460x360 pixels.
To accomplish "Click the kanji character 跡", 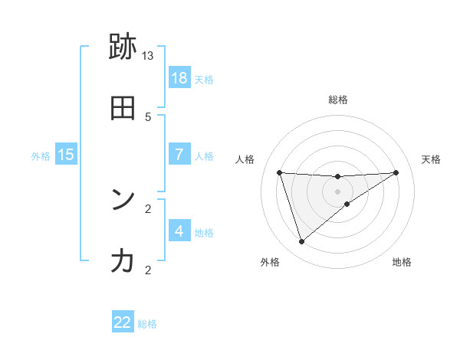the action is click(x=123, y=47).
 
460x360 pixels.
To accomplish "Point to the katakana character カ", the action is click(x=123, y=261).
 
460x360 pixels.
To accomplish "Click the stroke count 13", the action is click(x=148, y=56).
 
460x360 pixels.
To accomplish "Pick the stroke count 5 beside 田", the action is click(x=148, y=116).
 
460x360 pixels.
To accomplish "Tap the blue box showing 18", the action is click(x=179, y=78).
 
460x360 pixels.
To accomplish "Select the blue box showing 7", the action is click(x=179, y=154).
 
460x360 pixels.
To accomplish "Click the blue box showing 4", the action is click(x=179, y=231).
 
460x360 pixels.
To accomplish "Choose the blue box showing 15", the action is click(x=66, y=155).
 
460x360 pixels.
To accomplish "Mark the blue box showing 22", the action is click(x=123, y=322).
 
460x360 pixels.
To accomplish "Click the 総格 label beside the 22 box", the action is click(x=147, y=324).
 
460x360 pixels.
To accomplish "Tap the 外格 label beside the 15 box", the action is click(x=41, y=155).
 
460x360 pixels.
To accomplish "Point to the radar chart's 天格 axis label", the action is click(x=432, y=159).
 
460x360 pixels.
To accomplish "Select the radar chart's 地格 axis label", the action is click(x=402, y=263).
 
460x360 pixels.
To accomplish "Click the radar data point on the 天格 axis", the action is click(x=396, y=172).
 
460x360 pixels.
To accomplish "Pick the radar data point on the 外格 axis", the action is click(x=301, y=242).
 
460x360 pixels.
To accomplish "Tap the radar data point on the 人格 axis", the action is click(x=279, y=172).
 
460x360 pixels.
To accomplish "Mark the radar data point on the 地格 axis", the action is click(x=347, y=204).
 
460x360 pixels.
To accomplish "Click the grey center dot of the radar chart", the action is click(x=337, y=191).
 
